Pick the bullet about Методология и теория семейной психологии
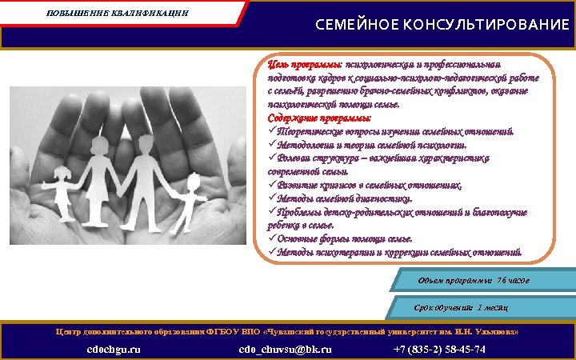coord(373,146)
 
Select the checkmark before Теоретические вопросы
coord(272,132)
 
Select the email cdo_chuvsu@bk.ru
coord(285,350)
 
